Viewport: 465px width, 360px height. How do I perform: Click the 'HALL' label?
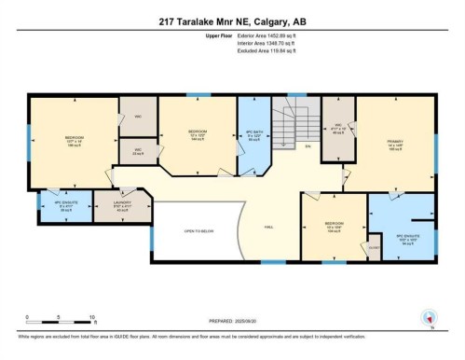tap(268, 227)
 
